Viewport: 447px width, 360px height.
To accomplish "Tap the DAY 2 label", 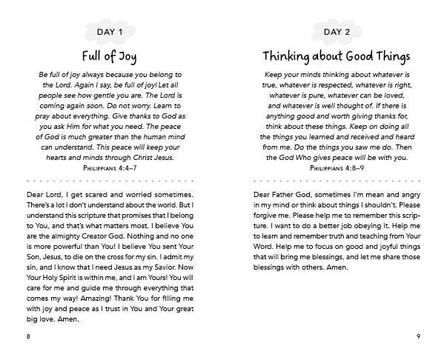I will pyautogui.click(x=337, y=31).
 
